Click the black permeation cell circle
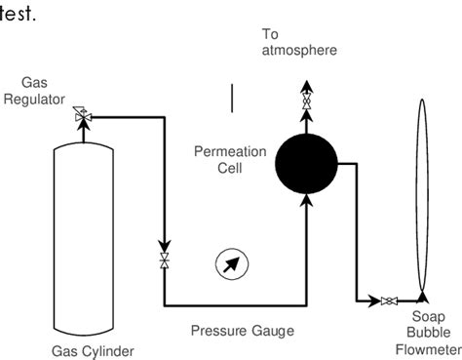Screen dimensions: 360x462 tap(306, 158)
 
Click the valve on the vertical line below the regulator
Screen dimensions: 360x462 tap(163, 260)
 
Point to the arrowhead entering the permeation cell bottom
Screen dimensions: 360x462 tap(306, 200)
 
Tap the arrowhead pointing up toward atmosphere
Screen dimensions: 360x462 tap(306, 88)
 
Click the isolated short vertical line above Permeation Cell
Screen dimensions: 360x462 tap(232, 99)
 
